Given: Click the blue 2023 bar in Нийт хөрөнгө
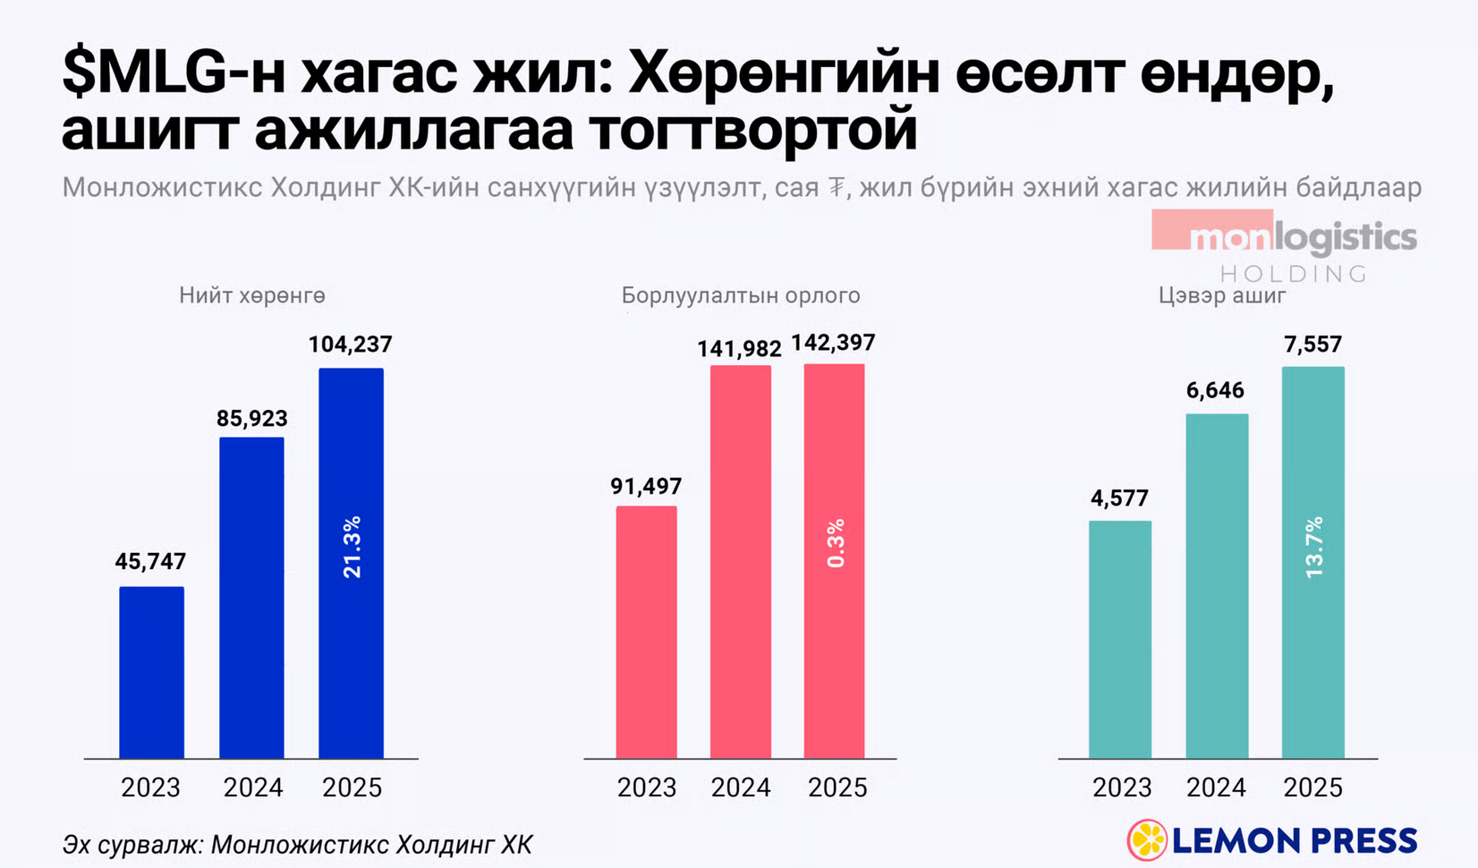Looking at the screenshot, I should [151, 673].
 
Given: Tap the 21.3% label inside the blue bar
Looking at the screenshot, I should [352, 547].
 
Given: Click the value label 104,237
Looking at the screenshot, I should [351, 345].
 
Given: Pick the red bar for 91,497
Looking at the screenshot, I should [646, 633].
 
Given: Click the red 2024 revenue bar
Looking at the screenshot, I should [741, 562].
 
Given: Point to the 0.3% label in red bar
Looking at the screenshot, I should [836, 543].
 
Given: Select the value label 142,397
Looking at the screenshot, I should [834, 343].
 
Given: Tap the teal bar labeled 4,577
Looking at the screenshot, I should [1120, 640].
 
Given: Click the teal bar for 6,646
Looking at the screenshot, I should [1217, 586].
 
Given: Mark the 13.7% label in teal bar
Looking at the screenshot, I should [1313, 547].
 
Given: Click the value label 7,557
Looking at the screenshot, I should [1312, 345].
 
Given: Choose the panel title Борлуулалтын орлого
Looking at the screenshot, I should [741, 295].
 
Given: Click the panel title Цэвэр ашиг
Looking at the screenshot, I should [1221, 295].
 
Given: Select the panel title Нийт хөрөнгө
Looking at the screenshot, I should [252, 295].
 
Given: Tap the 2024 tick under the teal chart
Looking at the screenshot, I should [1216, 787].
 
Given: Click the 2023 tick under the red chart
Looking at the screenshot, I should [647, 787].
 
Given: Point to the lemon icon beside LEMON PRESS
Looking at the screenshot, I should [1147, 840].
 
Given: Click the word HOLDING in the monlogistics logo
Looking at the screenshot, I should [1294, 274].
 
